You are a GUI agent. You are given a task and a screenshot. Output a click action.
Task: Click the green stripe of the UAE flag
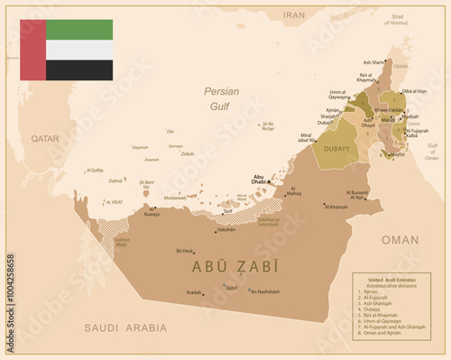point(79,29)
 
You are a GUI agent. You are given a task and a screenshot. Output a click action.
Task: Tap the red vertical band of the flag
point(33,50)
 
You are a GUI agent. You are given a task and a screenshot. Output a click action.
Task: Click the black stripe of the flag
point(79,70)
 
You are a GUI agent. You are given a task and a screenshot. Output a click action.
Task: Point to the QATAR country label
point(44,139)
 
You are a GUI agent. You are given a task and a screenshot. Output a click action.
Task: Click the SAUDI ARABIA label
point(124,328)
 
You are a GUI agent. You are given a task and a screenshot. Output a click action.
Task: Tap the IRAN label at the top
point(294,15)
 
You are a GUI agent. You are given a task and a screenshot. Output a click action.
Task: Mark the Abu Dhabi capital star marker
point(269,180)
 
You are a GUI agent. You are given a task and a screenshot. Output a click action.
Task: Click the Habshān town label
point(225,229)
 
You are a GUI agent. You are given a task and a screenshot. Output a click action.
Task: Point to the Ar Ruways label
point(152,215)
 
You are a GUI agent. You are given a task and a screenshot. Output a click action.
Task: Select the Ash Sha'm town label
point(372,63)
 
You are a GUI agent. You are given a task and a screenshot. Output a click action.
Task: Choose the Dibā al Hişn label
point(414,91)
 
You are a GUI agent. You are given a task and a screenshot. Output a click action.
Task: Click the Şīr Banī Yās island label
point(147,184)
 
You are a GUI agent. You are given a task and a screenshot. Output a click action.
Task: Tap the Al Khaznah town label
point(336,207)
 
